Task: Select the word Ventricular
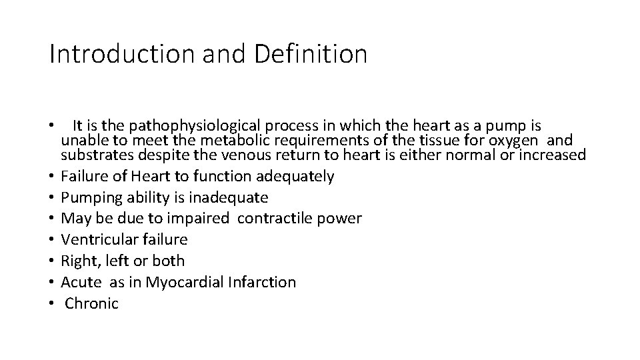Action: click(97, 239)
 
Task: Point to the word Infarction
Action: click(262, 282)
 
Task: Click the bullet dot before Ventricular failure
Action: click(51, 239)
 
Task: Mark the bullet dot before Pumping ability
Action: click(51, 198)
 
